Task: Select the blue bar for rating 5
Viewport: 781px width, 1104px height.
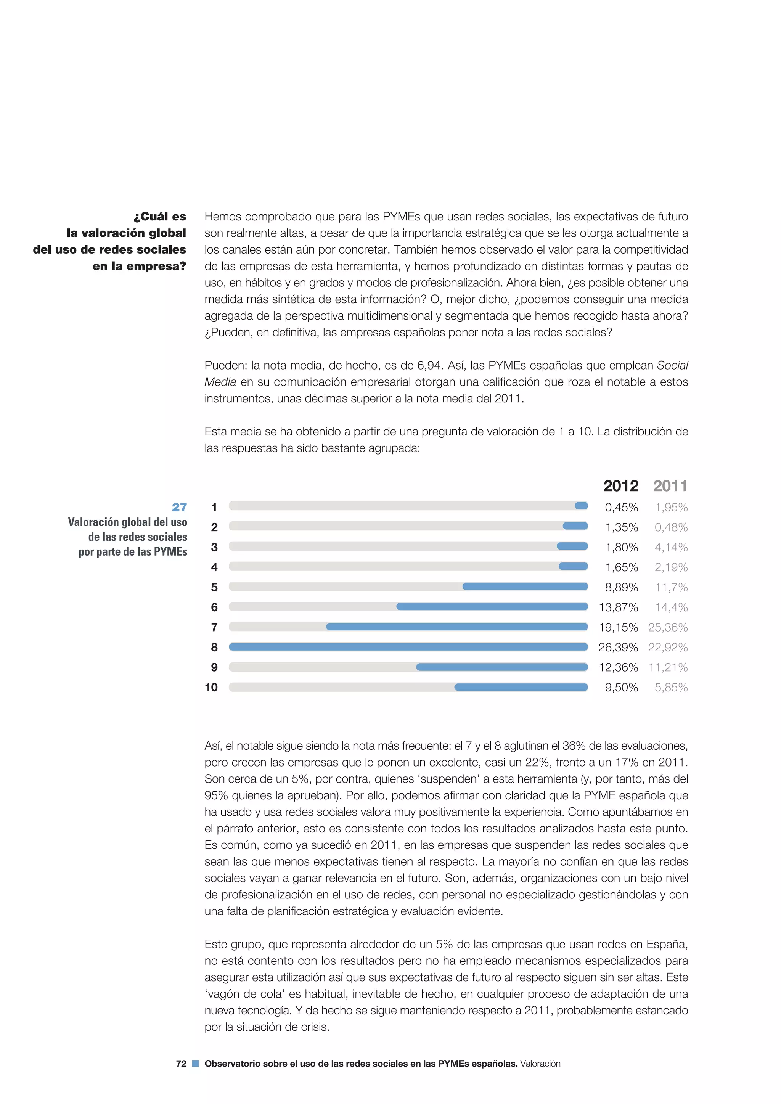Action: tap(525, 587)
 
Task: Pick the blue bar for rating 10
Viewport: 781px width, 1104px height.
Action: tap(521, 687)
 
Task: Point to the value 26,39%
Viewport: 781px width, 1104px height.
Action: tap(618, 647)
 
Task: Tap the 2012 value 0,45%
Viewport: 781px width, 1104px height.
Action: tap(621, 507)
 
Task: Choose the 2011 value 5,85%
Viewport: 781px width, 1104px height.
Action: tap(671, 688)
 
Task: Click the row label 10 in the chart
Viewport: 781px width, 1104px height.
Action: tap(211, 688)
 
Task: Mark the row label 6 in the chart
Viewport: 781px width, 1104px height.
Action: tap(214, 607)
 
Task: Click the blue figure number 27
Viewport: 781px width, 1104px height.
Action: tap(179, 507)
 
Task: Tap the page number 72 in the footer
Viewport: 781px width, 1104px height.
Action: tap(181, 1064)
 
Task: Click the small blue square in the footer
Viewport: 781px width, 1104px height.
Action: tap(195, 1064)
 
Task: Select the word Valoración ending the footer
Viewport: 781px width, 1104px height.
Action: tap(540, 1064)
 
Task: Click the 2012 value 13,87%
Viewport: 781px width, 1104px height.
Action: tap(618, 607)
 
